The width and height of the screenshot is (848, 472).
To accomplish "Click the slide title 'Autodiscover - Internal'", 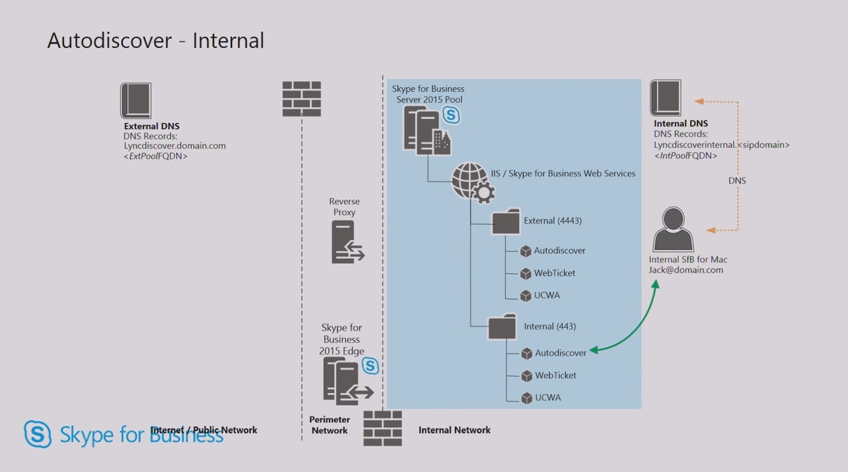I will pyautogui.click(x=155, y=41).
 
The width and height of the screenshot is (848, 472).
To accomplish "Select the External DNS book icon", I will pyautogui.click(x=136, y=100).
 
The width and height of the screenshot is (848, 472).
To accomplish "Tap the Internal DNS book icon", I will pyautogui.click(x=665, y=98).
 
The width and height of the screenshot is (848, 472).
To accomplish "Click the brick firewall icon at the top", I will pyautogui.click(x=301, y=99).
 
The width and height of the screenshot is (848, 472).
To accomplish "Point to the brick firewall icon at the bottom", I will pyautogui.click(x=382, y=428).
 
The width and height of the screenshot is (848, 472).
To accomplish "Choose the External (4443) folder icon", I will pyautogui.click(x=505, y=222).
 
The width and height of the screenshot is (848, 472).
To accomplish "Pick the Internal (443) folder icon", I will pyautogui.click(x=502, y=327).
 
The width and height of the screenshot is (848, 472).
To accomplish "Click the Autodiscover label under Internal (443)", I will pyautogui.click(x=560, y=353).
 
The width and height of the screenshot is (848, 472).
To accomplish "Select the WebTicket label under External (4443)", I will pyautogui.click(x=554, y=273).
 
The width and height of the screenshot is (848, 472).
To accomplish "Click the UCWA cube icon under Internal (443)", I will pyautogui.click(x=527, y=398).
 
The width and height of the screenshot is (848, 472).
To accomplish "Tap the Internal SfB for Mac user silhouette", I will pyautogui.click(x=673, y=229).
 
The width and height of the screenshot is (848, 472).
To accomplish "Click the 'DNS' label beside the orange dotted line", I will pyautogui.click(x=737, y=181).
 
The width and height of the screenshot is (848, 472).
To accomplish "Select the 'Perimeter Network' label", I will pyautogui.click(x=329, y=425).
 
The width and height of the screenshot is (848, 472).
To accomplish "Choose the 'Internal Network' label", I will pyautogui.click(x=454, y=430).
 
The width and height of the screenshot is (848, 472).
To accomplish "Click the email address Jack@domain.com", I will pyautogui.click(x=685, y=270).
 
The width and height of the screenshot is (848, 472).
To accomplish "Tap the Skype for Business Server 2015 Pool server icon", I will pyautogui.click(x=426, y=131).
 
